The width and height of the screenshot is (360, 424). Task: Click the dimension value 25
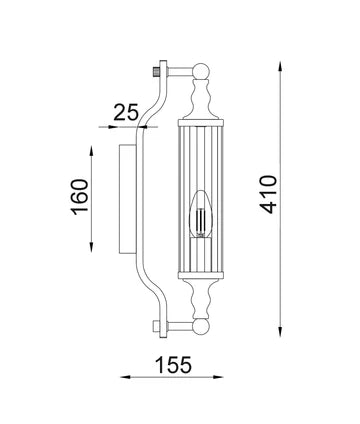pos(127,111)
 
